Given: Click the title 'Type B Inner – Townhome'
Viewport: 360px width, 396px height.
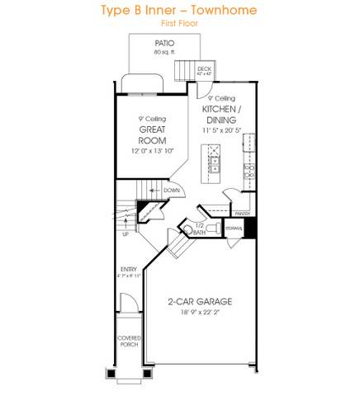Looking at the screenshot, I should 179,11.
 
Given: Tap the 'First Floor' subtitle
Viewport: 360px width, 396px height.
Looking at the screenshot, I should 179,24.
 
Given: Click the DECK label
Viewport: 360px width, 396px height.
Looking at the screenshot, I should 203,69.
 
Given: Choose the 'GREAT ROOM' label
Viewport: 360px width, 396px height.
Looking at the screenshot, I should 154,134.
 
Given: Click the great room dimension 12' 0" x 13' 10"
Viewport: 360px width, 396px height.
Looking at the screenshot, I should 154,151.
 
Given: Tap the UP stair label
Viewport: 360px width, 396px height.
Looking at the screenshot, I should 126,233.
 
